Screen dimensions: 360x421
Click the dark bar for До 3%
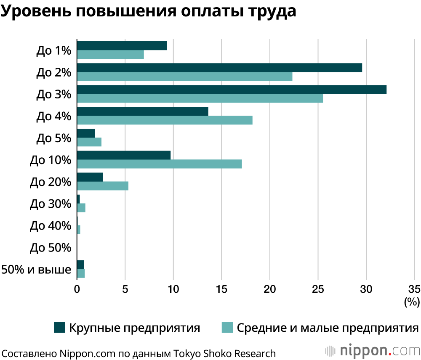click(232, 90)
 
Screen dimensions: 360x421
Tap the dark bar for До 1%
click(122, 46)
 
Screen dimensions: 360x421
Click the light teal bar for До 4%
click(165, 120)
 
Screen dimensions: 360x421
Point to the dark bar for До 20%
click(90, 177)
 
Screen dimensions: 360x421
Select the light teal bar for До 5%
click(89, 142)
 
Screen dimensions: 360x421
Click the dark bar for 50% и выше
click(80, 265)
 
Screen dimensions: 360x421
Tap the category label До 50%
click(51, 248)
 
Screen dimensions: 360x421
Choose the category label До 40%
click(51, 226)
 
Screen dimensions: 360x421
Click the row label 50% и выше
click(36, 269)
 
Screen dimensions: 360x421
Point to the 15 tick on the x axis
click(221, 289)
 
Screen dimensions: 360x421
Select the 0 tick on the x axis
click(77, 289)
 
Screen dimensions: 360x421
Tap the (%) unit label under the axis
click(412, 302)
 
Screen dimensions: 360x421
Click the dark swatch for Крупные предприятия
click(60, 328)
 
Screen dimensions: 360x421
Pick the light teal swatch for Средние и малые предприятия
click(227, 328)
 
